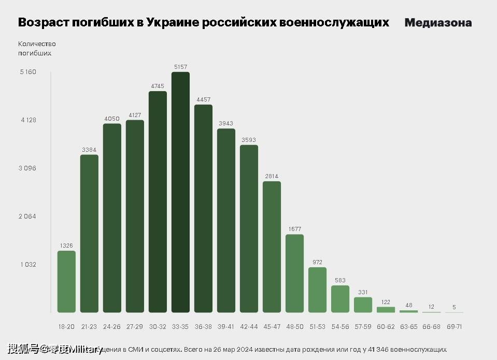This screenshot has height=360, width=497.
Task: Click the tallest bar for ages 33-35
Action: (x=180, y=192)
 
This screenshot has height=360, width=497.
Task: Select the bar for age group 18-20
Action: (x=66, y=282)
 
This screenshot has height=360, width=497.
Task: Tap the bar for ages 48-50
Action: (x=294, y=273)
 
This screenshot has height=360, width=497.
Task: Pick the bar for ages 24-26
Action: (x=112, y=218)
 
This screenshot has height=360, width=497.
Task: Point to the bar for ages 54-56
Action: (x=340, y=299)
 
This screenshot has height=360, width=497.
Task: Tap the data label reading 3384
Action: (x=89, y=150)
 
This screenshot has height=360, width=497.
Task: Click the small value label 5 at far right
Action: (x=454, y=307)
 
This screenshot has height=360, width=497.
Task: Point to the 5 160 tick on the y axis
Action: (x=28, y=72)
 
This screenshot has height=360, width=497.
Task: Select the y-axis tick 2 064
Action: (x=28, y=217)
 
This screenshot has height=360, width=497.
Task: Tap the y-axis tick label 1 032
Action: (x=28, y=265)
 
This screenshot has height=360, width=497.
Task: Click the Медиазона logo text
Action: (x=438, y=23)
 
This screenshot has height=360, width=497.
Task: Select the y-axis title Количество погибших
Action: (x=36, y=48)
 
